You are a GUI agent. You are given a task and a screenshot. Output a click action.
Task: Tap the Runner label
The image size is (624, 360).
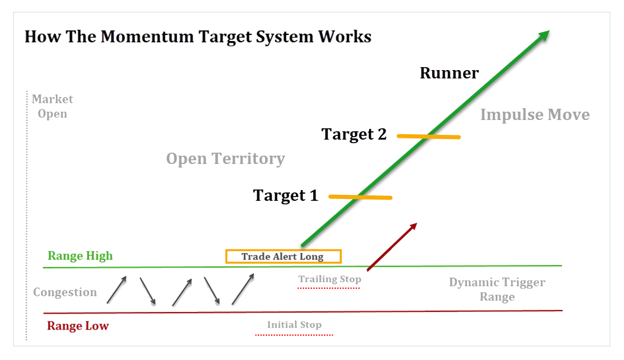[x=449, y=73]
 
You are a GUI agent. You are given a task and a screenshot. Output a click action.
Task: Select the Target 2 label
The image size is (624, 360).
[x=354, y=134]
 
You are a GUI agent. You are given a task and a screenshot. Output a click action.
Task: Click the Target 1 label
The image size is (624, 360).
[x=286, y=195]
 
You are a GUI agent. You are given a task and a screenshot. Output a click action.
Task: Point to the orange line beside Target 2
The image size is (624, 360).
[x=428, y=137]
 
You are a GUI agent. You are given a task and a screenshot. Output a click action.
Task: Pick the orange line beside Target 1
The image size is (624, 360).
[x=360, y=197]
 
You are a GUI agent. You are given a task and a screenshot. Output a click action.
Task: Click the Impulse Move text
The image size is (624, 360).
[x=535, y=115]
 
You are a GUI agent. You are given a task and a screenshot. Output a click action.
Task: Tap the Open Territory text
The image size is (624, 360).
[x=225, y=159]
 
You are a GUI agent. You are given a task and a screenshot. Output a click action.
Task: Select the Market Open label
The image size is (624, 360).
[x=52, y=106]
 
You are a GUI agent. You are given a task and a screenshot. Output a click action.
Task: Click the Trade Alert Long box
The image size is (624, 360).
[x=283, y=257]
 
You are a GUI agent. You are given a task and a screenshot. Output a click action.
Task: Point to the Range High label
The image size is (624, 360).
[x=80, y=256]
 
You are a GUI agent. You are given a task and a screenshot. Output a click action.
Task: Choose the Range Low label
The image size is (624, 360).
[x=78, y=326]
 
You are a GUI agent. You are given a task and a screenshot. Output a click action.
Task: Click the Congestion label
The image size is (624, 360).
[x=65, y=292]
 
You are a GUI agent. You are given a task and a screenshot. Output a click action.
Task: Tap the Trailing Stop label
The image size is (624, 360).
[x=330, y=279]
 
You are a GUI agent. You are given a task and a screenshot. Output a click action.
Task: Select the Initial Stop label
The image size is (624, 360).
[x=294, y=324]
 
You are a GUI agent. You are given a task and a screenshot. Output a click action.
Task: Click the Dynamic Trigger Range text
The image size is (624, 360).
[x=497, y=289]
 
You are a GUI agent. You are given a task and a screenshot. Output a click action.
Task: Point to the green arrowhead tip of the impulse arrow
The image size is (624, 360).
[x=548, y=31]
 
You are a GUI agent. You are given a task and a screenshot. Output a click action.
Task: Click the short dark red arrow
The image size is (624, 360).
[x=392, y=247]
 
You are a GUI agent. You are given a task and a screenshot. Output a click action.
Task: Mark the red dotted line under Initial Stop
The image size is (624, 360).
[x=294, y=335]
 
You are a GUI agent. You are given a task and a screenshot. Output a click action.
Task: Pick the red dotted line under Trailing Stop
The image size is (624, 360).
[x=329, y=288]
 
